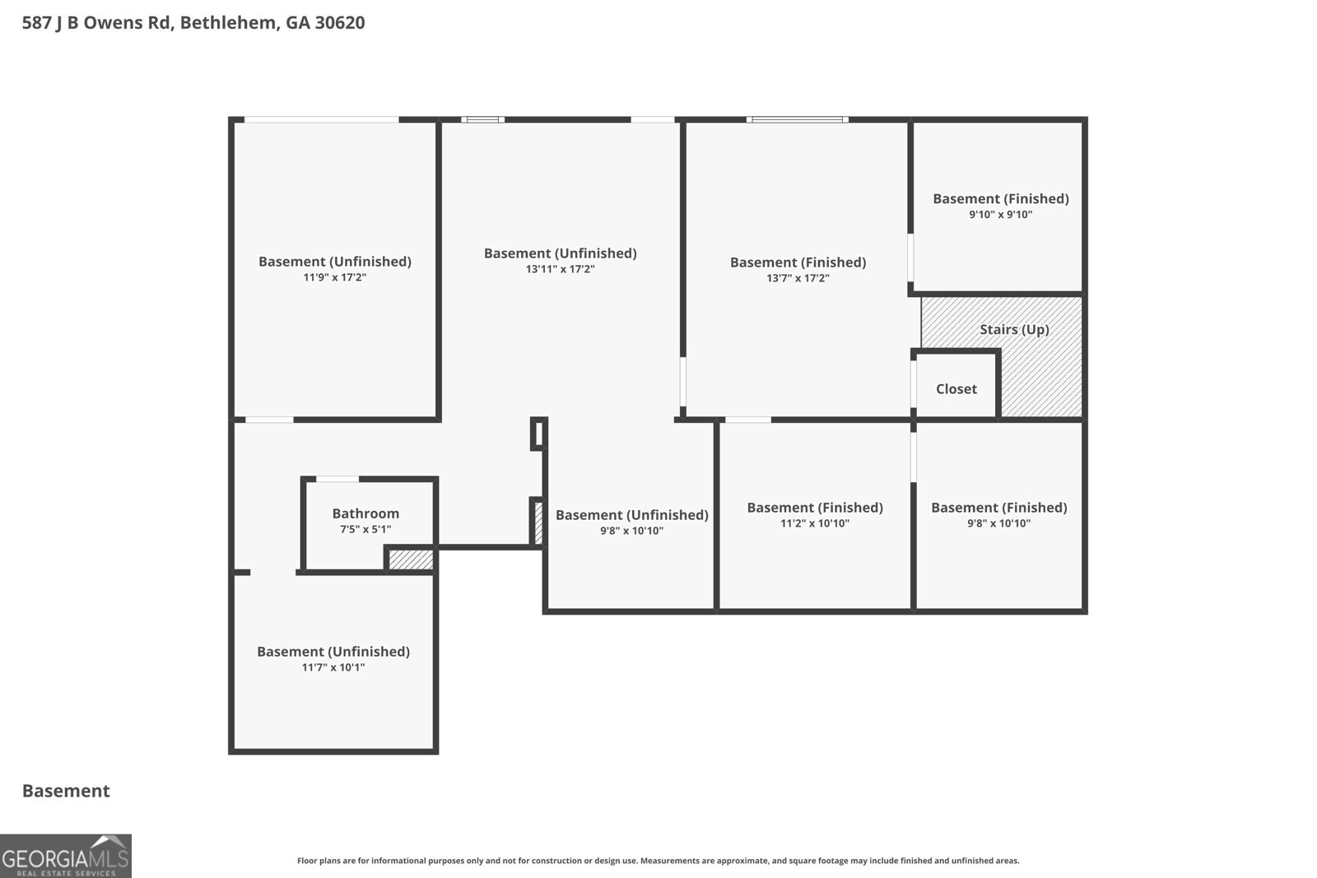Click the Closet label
click(956, 389)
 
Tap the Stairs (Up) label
click(1014, 330)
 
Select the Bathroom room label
click(365, 513)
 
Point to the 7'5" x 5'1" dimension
click(365, 529)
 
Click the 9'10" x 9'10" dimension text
click(1001, 215)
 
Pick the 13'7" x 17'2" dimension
click(798, 278)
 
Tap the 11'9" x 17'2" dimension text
click(334, 277)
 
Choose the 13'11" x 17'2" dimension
click(561, 269)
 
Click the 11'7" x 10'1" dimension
click(333, 667)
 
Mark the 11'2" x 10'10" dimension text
click(815, 523)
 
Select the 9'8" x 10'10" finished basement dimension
click(999, 523)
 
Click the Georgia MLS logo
click(66, 857)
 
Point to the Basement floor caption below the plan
click(66, 791)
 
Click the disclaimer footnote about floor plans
click(658, 861)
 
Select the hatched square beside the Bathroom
click(411, 560)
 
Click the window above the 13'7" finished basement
click(798, 120)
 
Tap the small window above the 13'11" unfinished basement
click(482, 120)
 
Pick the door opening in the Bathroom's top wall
click(337, 480)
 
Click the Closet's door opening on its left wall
click(914, 383)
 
